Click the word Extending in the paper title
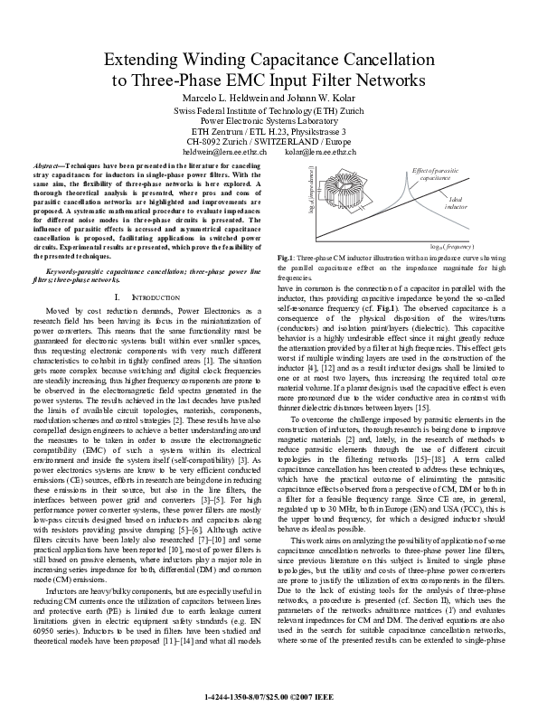145,61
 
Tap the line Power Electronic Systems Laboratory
269,119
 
